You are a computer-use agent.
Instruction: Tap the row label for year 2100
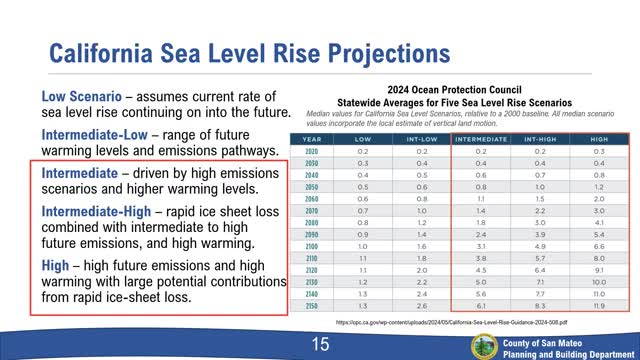click(x=310, y=244)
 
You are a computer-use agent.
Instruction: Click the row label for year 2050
click(x=310, y=186)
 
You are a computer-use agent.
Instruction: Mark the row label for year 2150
click(x=310, y=304)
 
